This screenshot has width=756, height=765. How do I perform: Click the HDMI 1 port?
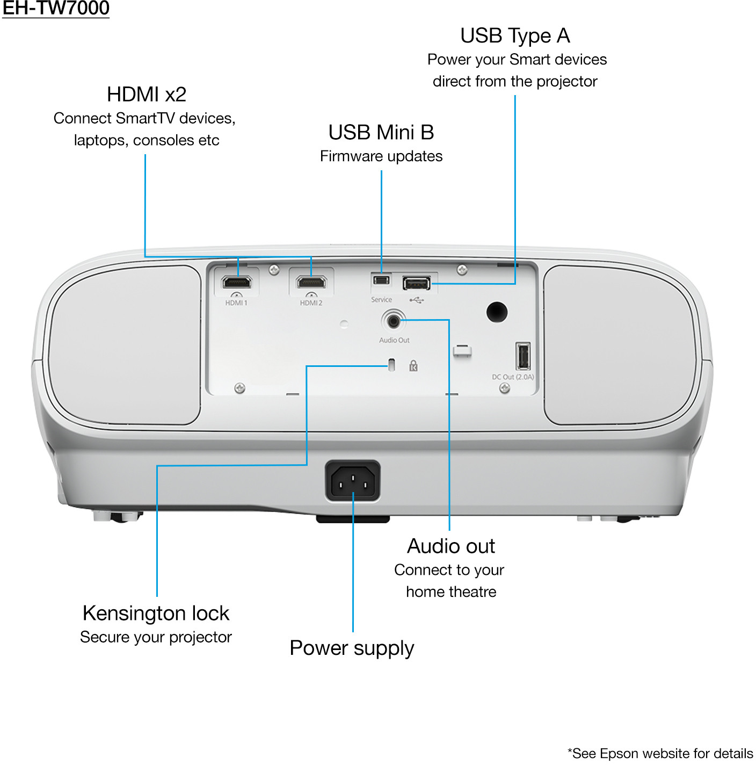tap(237, 283)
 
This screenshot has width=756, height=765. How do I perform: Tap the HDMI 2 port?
tap(311, 283)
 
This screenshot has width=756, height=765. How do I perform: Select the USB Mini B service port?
tap(381, 280)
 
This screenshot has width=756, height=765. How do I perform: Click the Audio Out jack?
tap(393, 321)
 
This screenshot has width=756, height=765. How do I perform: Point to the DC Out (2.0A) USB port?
tap(522, 356)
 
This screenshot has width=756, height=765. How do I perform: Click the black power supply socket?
tap(352, 480)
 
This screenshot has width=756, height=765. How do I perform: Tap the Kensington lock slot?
tap(391, 364)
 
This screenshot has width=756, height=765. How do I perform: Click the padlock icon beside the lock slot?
tap(413, 366)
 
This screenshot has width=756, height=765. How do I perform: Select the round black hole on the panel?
tap(497, 312)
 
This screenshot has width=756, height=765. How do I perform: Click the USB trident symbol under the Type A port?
tap(417, 300)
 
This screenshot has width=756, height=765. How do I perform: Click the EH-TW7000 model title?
tap(55, 9)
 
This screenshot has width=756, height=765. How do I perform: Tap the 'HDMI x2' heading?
tap(147, 95)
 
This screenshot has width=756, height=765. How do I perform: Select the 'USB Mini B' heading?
tap(381, 132)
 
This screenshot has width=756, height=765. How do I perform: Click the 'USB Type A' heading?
tap(515, 36)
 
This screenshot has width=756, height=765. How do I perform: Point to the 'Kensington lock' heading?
tap(156, 613)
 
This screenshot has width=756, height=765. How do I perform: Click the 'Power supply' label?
tap(352, 648)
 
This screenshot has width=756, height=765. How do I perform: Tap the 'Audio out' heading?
tap(451, 546)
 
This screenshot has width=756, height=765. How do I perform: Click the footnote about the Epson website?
tap(660, 753)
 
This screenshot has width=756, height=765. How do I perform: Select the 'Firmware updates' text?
tap(381, 156)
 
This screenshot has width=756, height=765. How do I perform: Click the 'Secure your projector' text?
tap(156, 637)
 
